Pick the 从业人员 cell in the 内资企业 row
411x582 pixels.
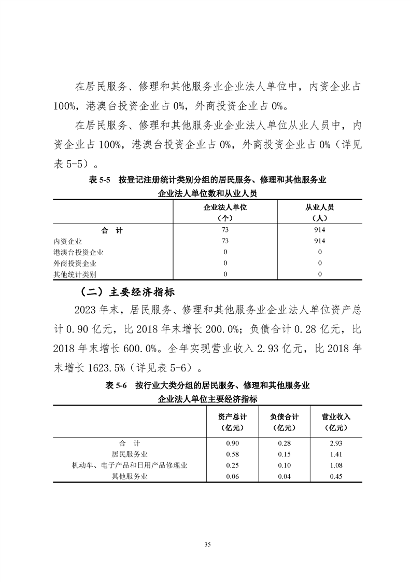point(320,241)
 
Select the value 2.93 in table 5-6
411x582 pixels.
point(336,443)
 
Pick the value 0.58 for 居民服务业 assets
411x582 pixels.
point(233,454)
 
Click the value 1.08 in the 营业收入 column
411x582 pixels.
point(336,465)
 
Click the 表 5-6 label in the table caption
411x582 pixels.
point(116,385)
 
